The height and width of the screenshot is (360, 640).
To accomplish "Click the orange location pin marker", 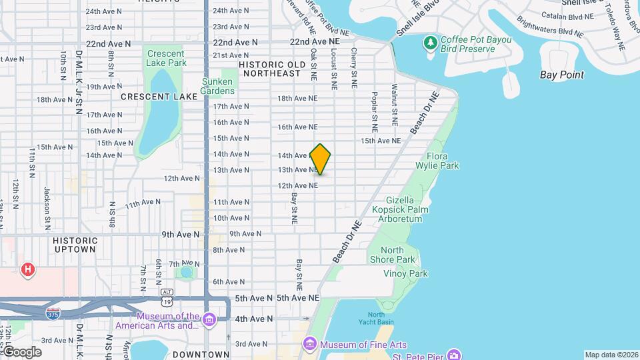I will tap(321, 159).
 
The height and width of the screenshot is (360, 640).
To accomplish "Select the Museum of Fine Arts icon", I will tap(309, 345).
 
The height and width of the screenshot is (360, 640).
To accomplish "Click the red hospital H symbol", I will tap(28, 270).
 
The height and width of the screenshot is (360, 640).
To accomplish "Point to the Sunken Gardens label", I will tap(218, 86).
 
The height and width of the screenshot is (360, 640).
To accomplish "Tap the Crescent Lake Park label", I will tap(166, 58).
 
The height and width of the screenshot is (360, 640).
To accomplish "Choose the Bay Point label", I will tap(561, 75).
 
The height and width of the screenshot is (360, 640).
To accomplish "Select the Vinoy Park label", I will tap(405, 273).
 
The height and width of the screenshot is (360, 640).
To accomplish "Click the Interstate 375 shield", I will tap(53, 313).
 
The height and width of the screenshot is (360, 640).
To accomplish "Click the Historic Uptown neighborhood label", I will tap(75, 245).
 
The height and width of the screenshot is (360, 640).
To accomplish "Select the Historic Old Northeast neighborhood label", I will tap(271, 69).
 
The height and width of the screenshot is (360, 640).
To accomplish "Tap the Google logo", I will tap(22, 352).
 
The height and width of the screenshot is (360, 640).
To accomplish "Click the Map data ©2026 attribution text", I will tap(611, 355).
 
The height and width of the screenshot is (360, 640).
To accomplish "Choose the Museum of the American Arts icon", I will tap(209, 321).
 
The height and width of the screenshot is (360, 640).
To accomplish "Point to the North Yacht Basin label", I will tap(376, 318).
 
